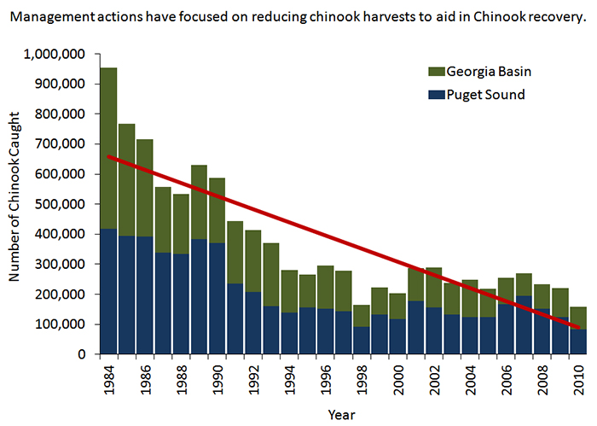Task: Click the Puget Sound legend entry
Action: click(x=482, y=94)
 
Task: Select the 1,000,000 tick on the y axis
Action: click(x=55, y=54)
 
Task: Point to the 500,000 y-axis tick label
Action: click(x=60, y=204)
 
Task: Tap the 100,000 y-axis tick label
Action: click(x=60, y=324)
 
